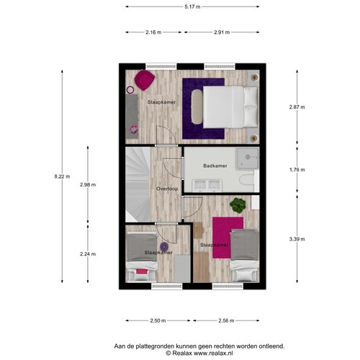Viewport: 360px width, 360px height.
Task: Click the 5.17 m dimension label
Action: (192, 6)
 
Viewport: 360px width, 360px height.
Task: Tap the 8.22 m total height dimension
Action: (62, 176)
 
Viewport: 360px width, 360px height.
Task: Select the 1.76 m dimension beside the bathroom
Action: (297, 170)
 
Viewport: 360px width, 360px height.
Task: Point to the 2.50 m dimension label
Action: (158, 320)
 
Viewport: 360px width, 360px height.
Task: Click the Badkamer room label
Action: (215, 166)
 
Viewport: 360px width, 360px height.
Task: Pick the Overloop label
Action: (167, 189)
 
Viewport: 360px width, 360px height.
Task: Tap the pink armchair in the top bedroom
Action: (144, 80)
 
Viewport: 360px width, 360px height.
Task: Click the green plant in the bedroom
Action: (238, 205)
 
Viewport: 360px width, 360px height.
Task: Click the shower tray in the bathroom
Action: (247, 158)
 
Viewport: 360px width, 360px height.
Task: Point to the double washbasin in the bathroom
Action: (208, 186)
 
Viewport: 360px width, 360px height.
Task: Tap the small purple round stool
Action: (164, 246)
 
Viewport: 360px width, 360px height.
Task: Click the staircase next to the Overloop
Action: (138, 184)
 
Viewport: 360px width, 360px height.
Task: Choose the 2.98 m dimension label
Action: (88, 184)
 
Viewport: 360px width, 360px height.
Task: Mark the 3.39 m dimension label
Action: (297, 239)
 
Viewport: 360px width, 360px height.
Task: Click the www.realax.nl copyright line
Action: (199, 353)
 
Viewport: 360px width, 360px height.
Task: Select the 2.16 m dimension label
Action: (153, 32)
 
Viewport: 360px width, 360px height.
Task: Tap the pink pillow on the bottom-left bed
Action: (142, 271)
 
